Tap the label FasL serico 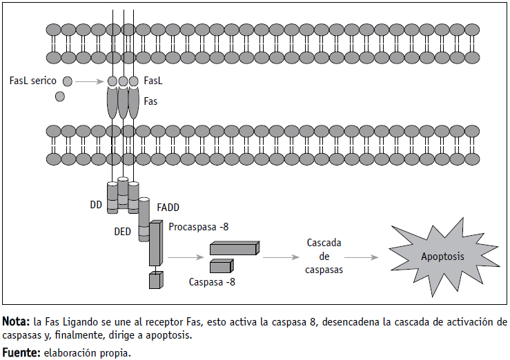pos(33,81)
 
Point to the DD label pos(96,204)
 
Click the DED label pos(122,232)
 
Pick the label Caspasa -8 pos(211,281)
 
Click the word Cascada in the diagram pos(324,243)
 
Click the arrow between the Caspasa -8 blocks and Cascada pos(279,257)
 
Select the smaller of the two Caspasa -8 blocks pos(221,266)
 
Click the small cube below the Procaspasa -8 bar pos(155,280)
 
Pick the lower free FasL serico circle pos(60,97)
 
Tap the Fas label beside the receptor pos(151,101)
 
